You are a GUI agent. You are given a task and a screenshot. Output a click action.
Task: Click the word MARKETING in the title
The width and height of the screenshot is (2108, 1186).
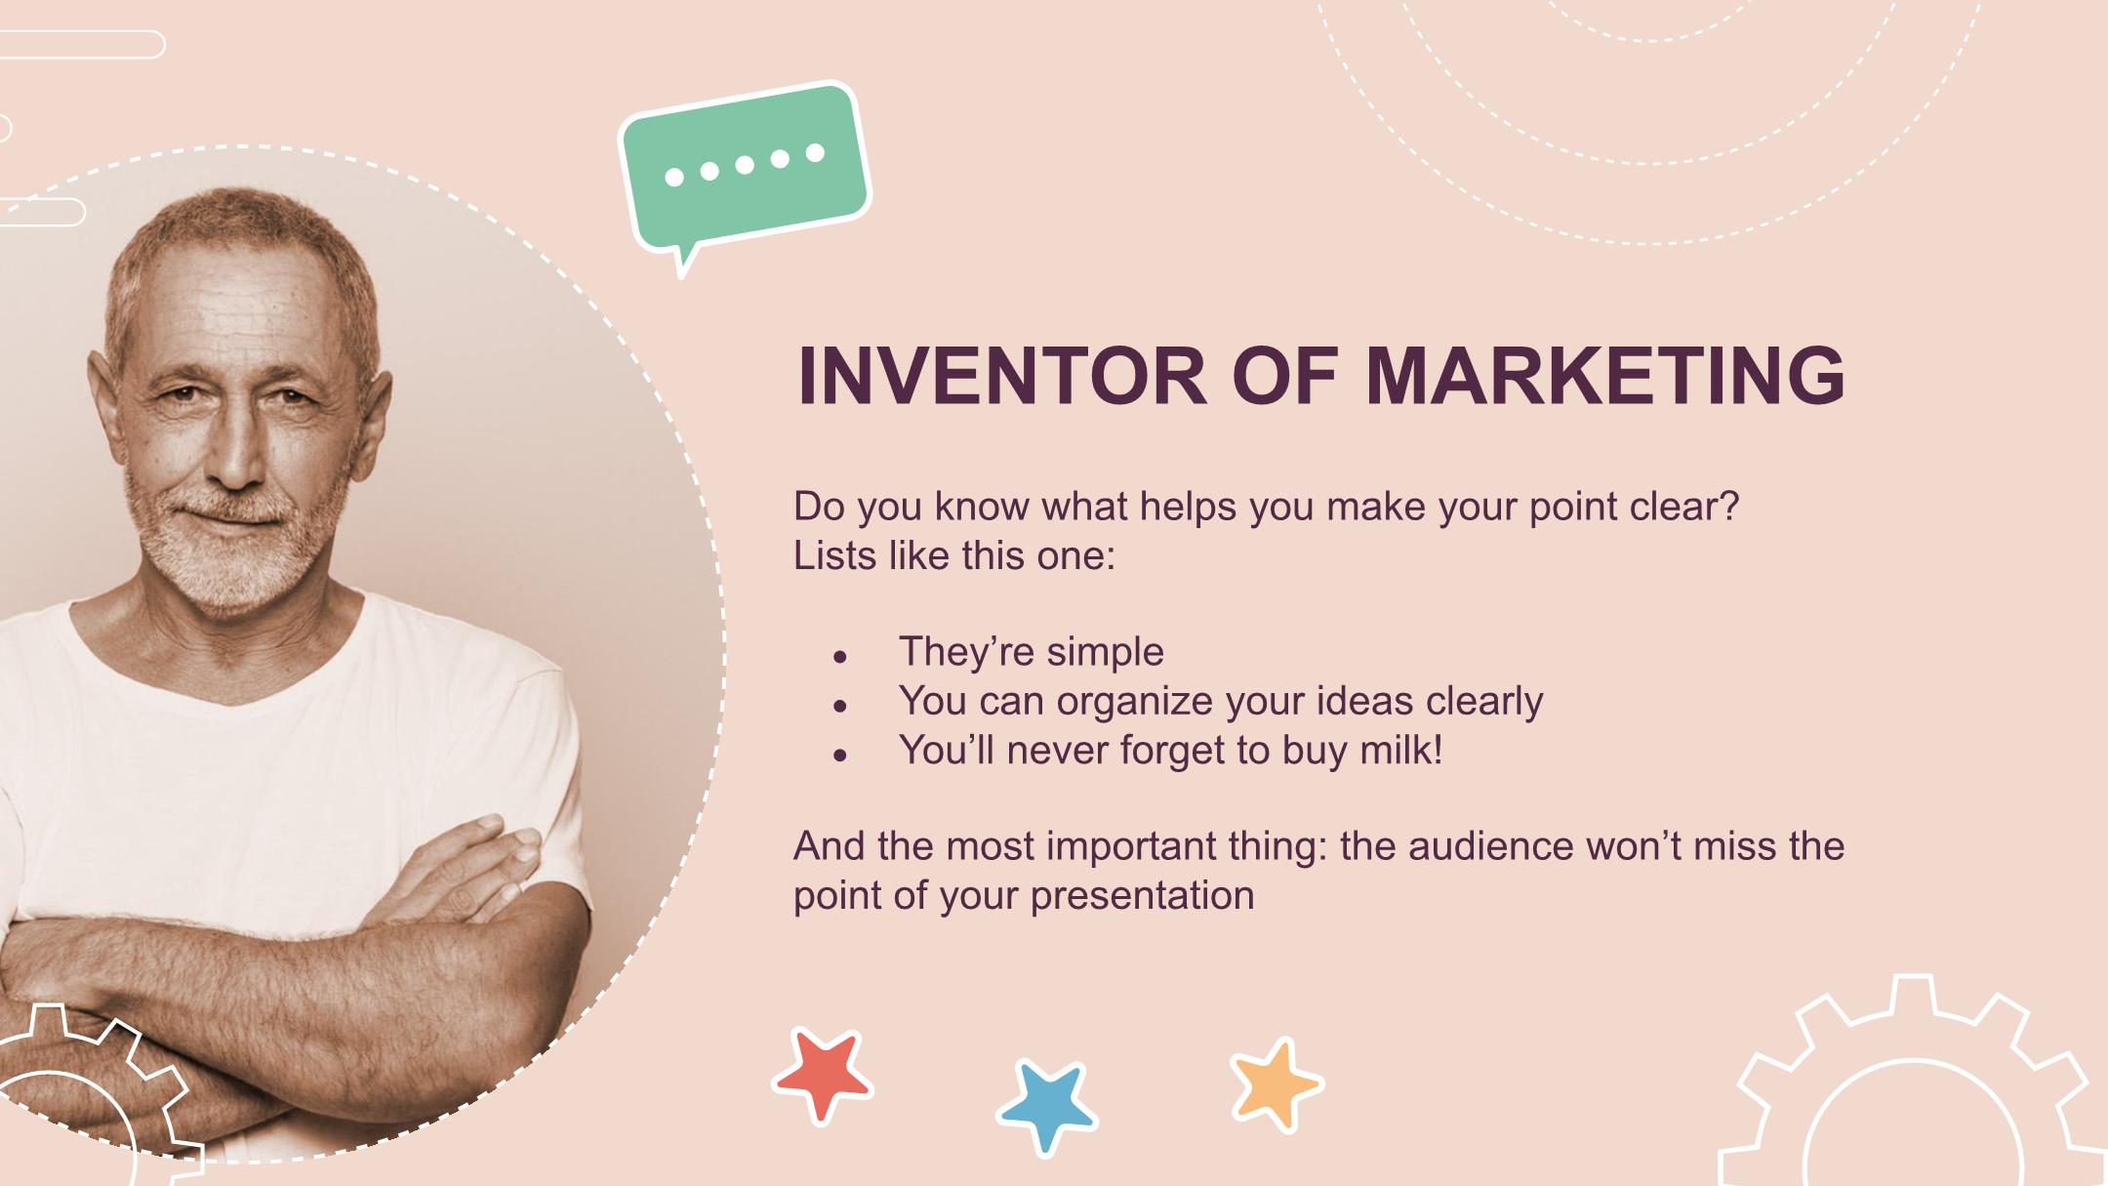pos(1605,376)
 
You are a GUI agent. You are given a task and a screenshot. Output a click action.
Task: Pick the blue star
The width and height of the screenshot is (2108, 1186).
pos(1047,1106)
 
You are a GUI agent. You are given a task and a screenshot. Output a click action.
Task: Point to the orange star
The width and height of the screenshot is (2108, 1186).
pos(1277,1084)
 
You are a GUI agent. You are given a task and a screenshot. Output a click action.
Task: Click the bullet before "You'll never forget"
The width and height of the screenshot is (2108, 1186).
pos(839,755)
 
